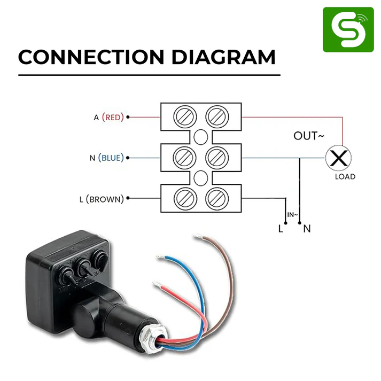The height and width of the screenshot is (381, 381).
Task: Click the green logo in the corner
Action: pos(348,29)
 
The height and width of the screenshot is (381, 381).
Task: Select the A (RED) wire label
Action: pos(108,117)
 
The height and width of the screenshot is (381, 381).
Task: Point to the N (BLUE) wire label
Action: pos(106,158)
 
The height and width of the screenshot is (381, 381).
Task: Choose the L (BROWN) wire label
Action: pos(101,199)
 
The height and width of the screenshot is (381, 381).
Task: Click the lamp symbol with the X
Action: pos(337,158)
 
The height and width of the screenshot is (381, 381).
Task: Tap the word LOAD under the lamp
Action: pos(345,177)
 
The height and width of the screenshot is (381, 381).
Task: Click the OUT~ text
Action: pos(308,136)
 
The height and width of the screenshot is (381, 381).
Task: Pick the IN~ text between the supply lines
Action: pos(292,214)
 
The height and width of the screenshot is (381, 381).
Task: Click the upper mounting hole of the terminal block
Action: pos(200,137)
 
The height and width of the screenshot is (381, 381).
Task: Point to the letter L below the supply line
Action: pos(280,229)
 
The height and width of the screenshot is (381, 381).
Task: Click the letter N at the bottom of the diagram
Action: pos(307,229)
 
